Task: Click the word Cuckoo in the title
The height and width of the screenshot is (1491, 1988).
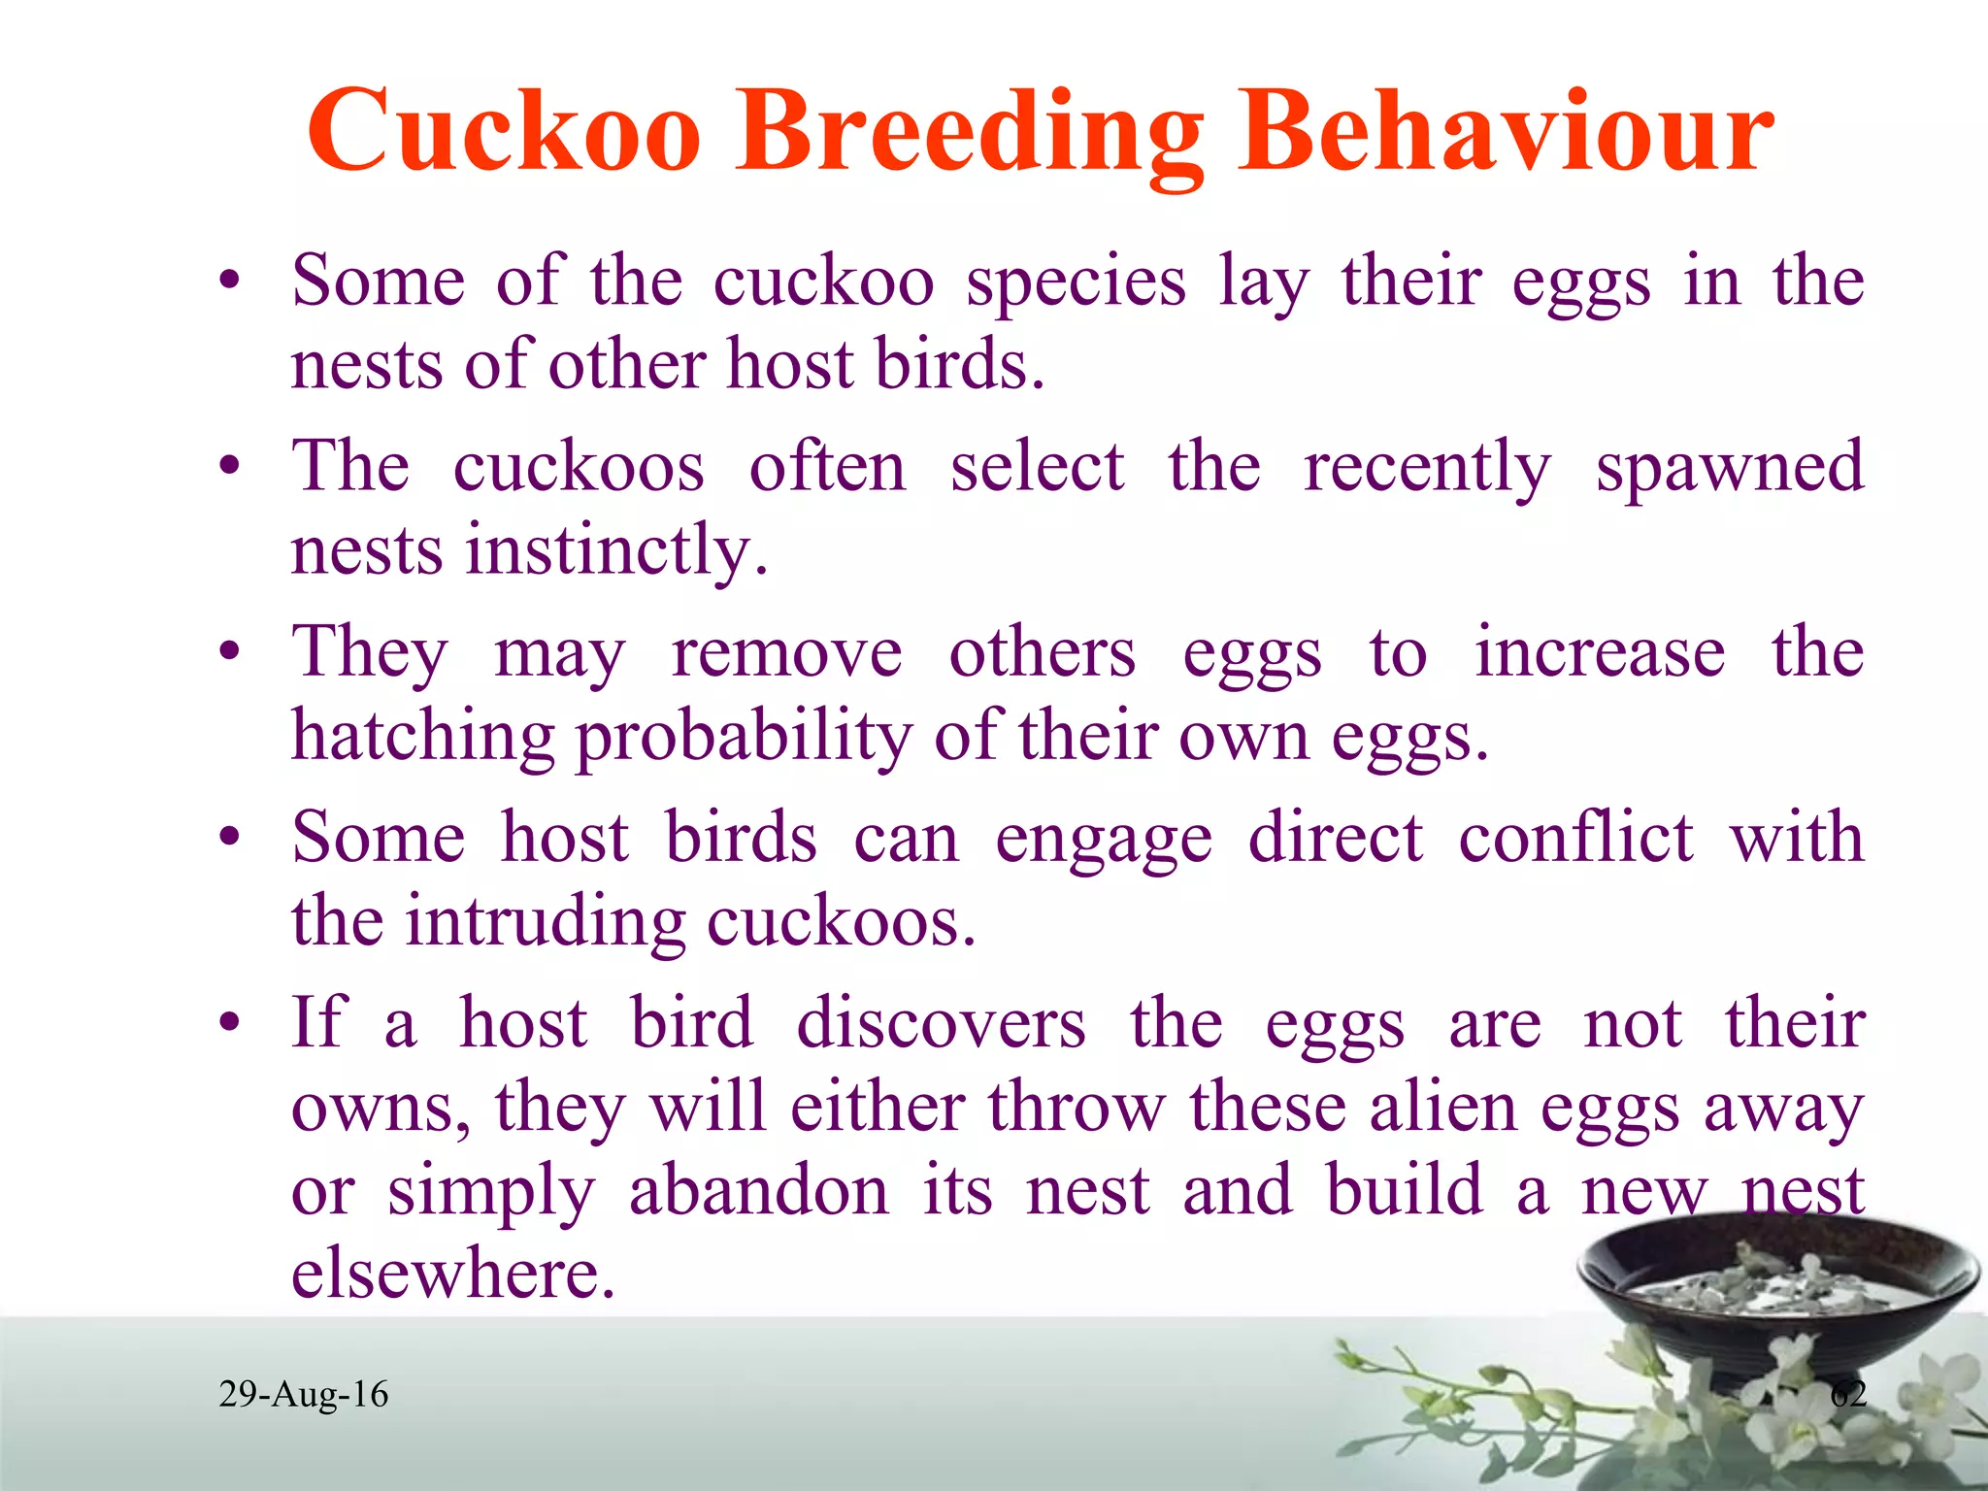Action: (x=504, y=131)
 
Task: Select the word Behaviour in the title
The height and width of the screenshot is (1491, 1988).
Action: (x=1506, y=131)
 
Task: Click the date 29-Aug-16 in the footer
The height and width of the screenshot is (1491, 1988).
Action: (x=303, y=1395)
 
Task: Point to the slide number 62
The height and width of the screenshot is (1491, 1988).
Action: (x=1848, y=1395)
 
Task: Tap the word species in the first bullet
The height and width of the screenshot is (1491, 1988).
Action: (x=1076, y=282)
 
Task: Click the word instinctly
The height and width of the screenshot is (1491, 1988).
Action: (x=617, y=551)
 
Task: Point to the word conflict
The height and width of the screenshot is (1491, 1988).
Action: (x=1575, y=837)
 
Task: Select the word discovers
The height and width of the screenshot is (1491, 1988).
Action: (x=941, y=1023)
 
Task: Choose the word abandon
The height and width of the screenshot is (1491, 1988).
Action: (x=758, y=1191)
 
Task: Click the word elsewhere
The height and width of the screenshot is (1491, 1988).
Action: (x=453, y=1274)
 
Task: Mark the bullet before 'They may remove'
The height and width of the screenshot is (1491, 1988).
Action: (x=229, y=652)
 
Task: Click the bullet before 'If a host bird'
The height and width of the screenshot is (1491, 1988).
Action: (x=229, y=1023)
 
